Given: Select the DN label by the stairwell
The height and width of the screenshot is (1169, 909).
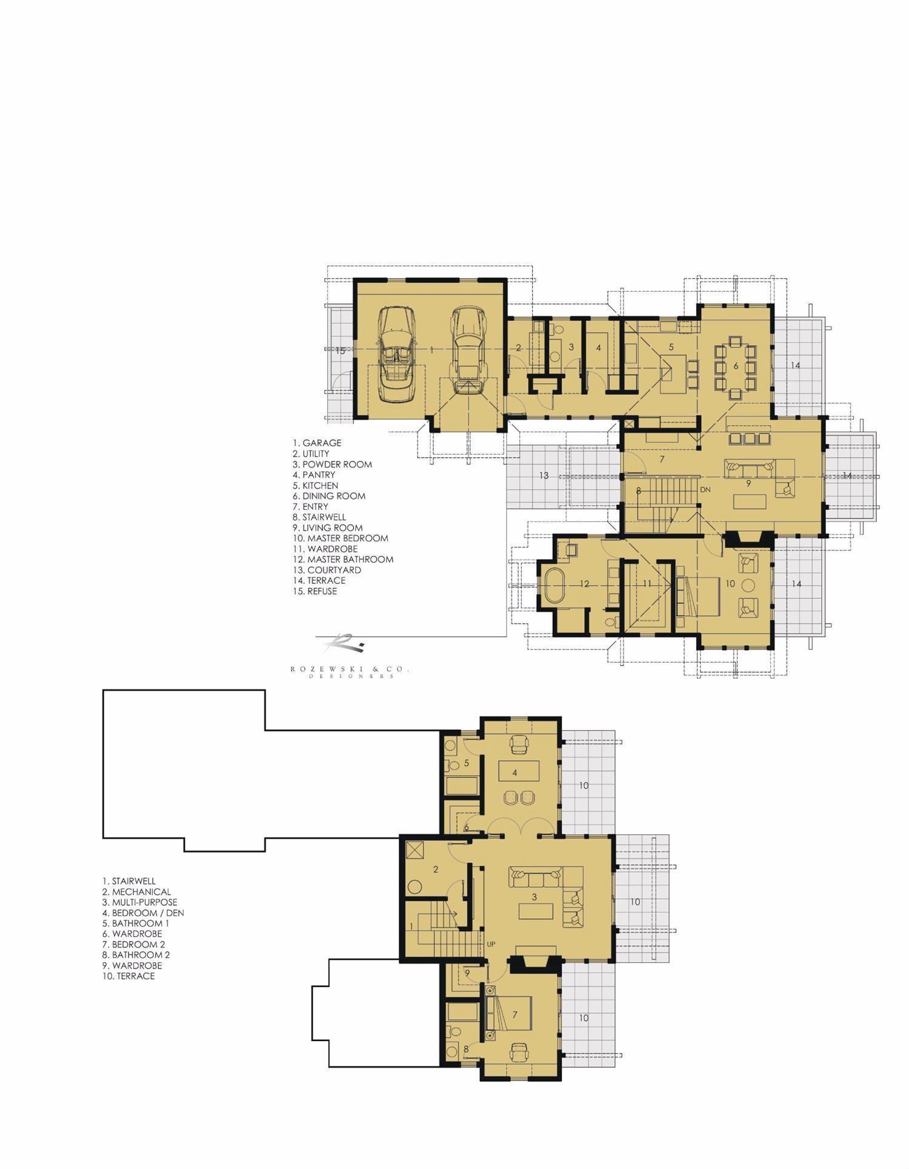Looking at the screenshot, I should coord(705,489).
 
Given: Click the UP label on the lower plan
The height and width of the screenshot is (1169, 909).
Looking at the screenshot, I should coord(491,944).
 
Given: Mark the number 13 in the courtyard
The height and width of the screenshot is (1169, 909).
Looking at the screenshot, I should coord(544,475).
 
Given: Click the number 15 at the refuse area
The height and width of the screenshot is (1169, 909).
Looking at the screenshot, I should coord(341,350).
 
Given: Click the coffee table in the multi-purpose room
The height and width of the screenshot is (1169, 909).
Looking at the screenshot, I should coord(536,911).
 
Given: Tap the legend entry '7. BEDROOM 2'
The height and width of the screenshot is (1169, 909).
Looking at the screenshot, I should coord(134,944).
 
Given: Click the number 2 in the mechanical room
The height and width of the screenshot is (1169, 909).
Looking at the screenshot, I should coord(436,869).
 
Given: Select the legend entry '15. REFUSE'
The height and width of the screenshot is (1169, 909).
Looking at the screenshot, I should coord(315,591).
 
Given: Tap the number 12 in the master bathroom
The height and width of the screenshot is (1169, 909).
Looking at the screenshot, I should coord(584,584).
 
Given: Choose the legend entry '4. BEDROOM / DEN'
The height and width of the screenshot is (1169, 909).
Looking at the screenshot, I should coord(143,913).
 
